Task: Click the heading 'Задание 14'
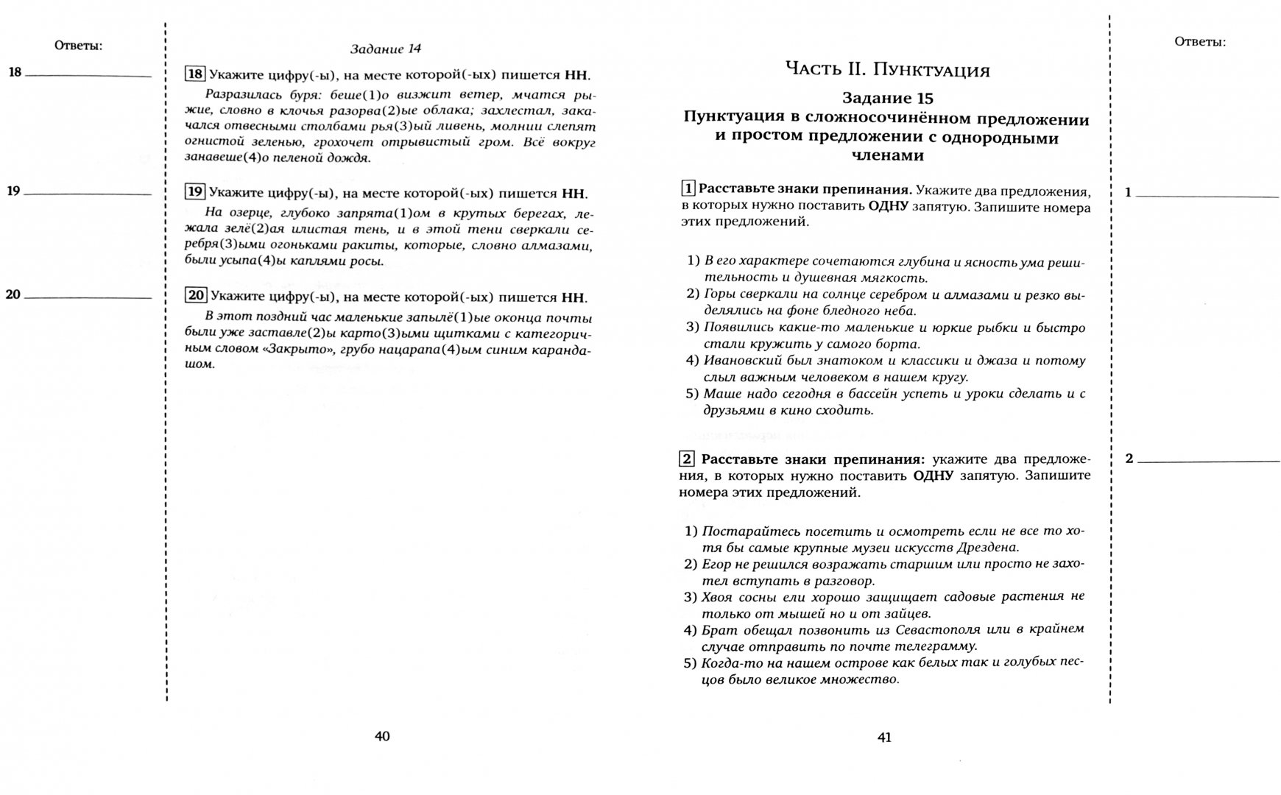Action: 385,49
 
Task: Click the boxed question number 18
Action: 194,74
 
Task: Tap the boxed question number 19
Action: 194,193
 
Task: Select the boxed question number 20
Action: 195,296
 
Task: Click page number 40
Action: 382,736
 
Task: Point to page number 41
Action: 884,737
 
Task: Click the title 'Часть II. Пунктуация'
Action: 887,71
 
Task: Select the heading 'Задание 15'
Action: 887,99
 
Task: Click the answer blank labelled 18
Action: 88,75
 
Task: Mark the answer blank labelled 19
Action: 88,194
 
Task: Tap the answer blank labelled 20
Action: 88,297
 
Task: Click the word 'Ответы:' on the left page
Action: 78,46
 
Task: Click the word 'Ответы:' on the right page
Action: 1200,42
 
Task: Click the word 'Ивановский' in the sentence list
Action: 740,361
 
